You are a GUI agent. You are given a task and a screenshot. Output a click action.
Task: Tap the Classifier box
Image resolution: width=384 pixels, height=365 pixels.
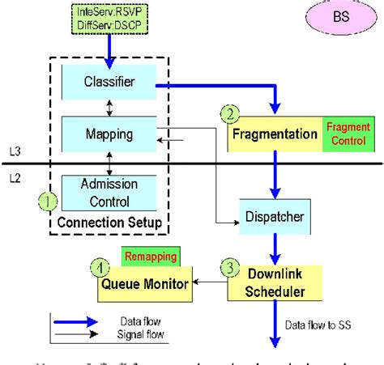(x=109, y=83)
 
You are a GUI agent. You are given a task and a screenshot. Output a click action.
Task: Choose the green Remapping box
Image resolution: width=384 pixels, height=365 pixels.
(x=151, y=257)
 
